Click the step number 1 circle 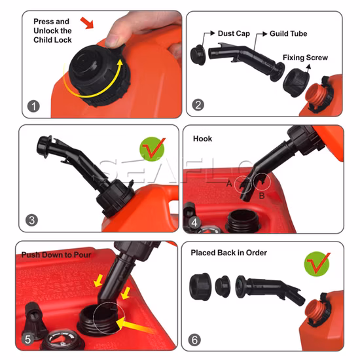pyautogui.click(x=33, y=106)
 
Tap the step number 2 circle pyautogui.click(x=198, y=105)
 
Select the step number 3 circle pyautogui.click(x=31, y=220)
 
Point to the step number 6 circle pyautogui.click(x=194, y=340)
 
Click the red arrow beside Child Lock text pyautogui.click(x=88, y=23)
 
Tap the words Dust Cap pyautogui.click(x=234, y=33)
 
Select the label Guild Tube pyautogui.click(x=289, y=34)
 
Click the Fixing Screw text pyautogui.click(x=305, y=58)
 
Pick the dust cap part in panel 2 pyautogui.click(x=198, y=55)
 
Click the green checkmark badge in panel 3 pyautogui.click(x=152, y=149)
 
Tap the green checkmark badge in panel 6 pyautogui.click(x=317, y=264)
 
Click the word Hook pyautogui.click(x=202, y=139)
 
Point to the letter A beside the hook pyautogui.click(x=229, y=184)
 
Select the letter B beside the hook pyautogui.click(x=262, y=196)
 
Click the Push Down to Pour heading pyautogui.click(x=56, y=255)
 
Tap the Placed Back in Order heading pyautogui.click(x=228, y=253)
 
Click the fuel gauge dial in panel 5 pyautogui.click(x=62, y=340)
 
